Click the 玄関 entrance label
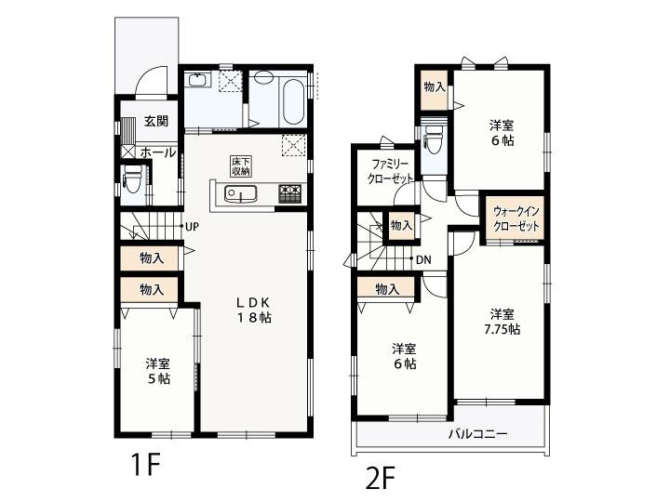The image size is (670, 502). click(156, 121)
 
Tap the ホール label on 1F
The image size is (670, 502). click(157, 152)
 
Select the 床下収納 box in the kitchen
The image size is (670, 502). click(241, 166)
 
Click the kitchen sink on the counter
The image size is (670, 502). click(241, 193)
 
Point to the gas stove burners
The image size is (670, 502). click(290, 193)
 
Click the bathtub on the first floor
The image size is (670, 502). click(293, 101)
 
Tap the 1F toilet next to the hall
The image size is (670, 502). click(131, 178)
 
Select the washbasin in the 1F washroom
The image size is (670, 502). click(197, 80)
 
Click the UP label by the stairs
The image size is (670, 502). click(192, 227)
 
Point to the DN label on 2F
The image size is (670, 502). click(423, 259)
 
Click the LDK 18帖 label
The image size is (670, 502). click(254, 310)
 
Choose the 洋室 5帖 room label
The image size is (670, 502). click(158, 371)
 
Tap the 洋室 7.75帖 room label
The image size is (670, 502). click(502, 322)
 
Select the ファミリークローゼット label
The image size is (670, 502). click(391, 171)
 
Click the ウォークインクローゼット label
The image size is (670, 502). click(516, 218)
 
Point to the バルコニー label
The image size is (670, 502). click(477, 434)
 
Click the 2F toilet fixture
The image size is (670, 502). click(434, 139)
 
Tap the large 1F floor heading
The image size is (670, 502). click(145, 465)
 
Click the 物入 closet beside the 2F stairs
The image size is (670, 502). click(401, 225)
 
